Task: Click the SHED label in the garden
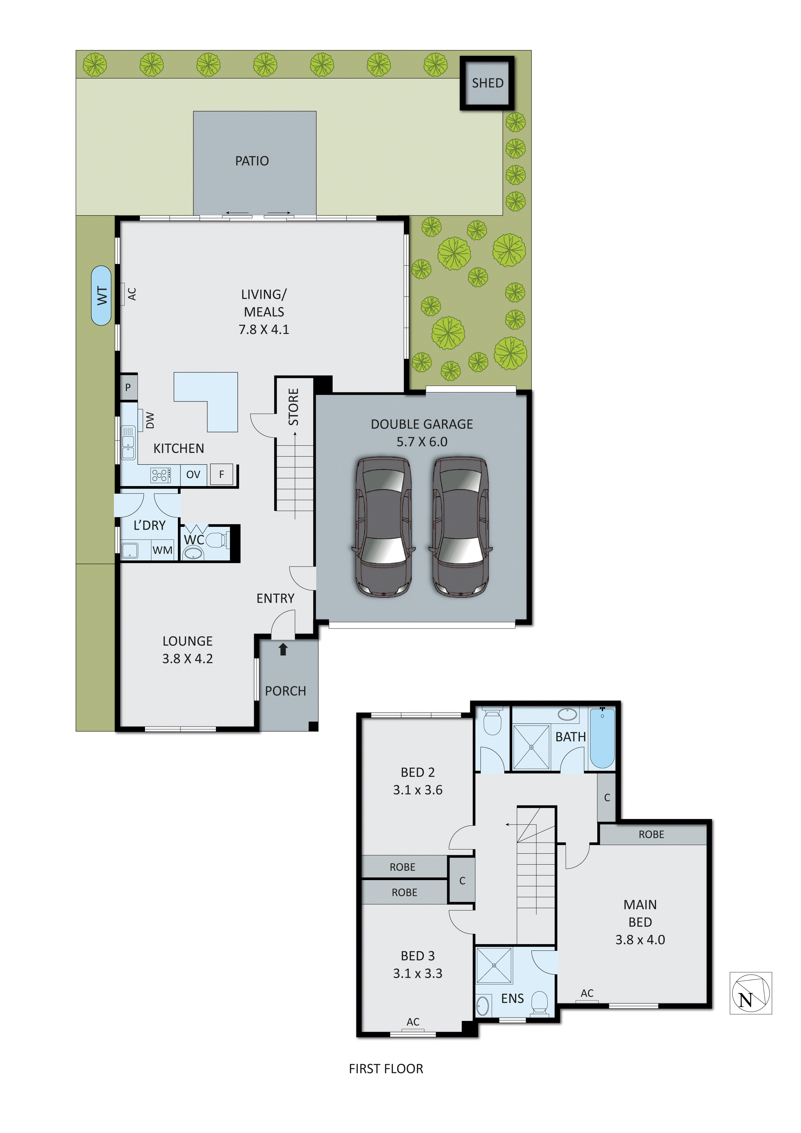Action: point(487,83)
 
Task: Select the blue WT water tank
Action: point(102,296)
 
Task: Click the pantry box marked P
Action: point(128,387)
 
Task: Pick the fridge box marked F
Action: point(221,474)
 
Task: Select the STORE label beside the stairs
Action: point(293,407)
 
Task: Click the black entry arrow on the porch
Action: point(283,650)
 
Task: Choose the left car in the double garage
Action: point(383,526)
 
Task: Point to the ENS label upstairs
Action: point(512,999)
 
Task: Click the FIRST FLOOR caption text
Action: point(386,1069)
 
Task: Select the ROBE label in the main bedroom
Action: point(651,835)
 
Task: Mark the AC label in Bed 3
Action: point(413,1022)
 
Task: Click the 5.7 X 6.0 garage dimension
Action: point(422,442)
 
